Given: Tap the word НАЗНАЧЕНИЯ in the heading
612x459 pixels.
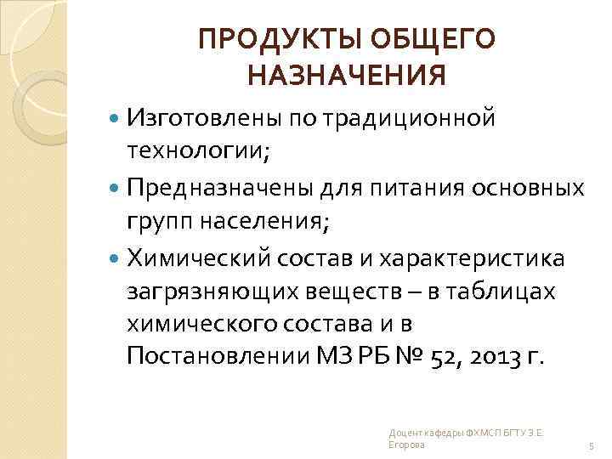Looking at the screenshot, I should pos(346,78).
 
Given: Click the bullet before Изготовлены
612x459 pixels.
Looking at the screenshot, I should pos(116,116).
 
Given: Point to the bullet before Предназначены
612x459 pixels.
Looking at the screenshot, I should pos(116,186).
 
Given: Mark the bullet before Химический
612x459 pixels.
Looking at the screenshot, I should pos(116,256).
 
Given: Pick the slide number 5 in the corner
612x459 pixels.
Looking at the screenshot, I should pos(590,445).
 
